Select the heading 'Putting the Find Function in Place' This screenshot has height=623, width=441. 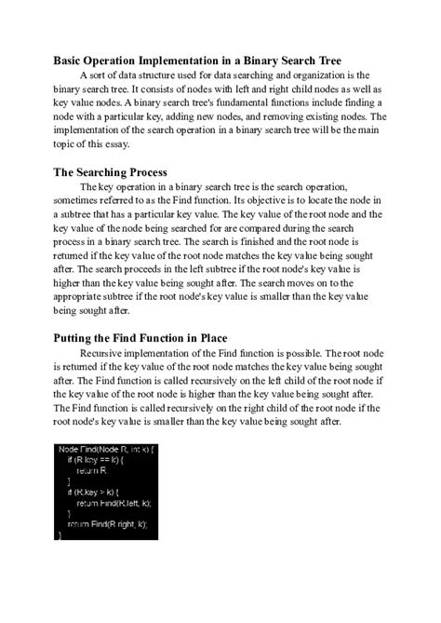pyautogui.click(x=148, y=337)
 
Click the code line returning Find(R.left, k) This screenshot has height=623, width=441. pyautogui.click(x=114, y=504)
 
